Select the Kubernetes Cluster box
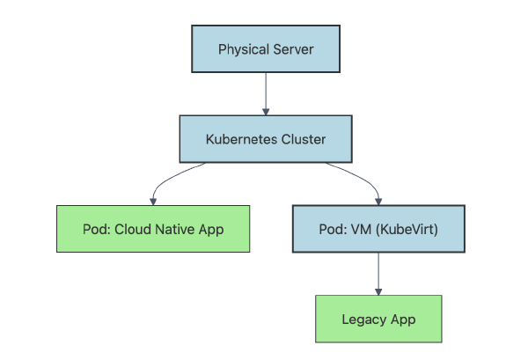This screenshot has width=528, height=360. point(266,139)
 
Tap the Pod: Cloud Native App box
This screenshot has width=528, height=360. point(153,230)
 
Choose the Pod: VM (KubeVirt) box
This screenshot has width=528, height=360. point(378,230)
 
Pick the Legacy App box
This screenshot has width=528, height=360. point(378,319)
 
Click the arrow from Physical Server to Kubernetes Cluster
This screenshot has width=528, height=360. point(266,93)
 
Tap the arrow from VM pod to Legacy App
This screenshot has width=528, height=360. point(378,273)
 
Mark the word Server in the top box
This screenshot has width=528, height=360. point(292,48)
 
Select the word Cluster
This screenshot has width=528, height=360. point(302,139)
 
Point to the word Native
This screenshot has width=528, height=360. point(172,230)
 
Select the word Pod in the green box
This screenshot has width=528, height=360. point(95,230)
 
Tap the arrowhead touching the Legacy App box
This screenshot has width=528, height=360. point(378,290)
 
